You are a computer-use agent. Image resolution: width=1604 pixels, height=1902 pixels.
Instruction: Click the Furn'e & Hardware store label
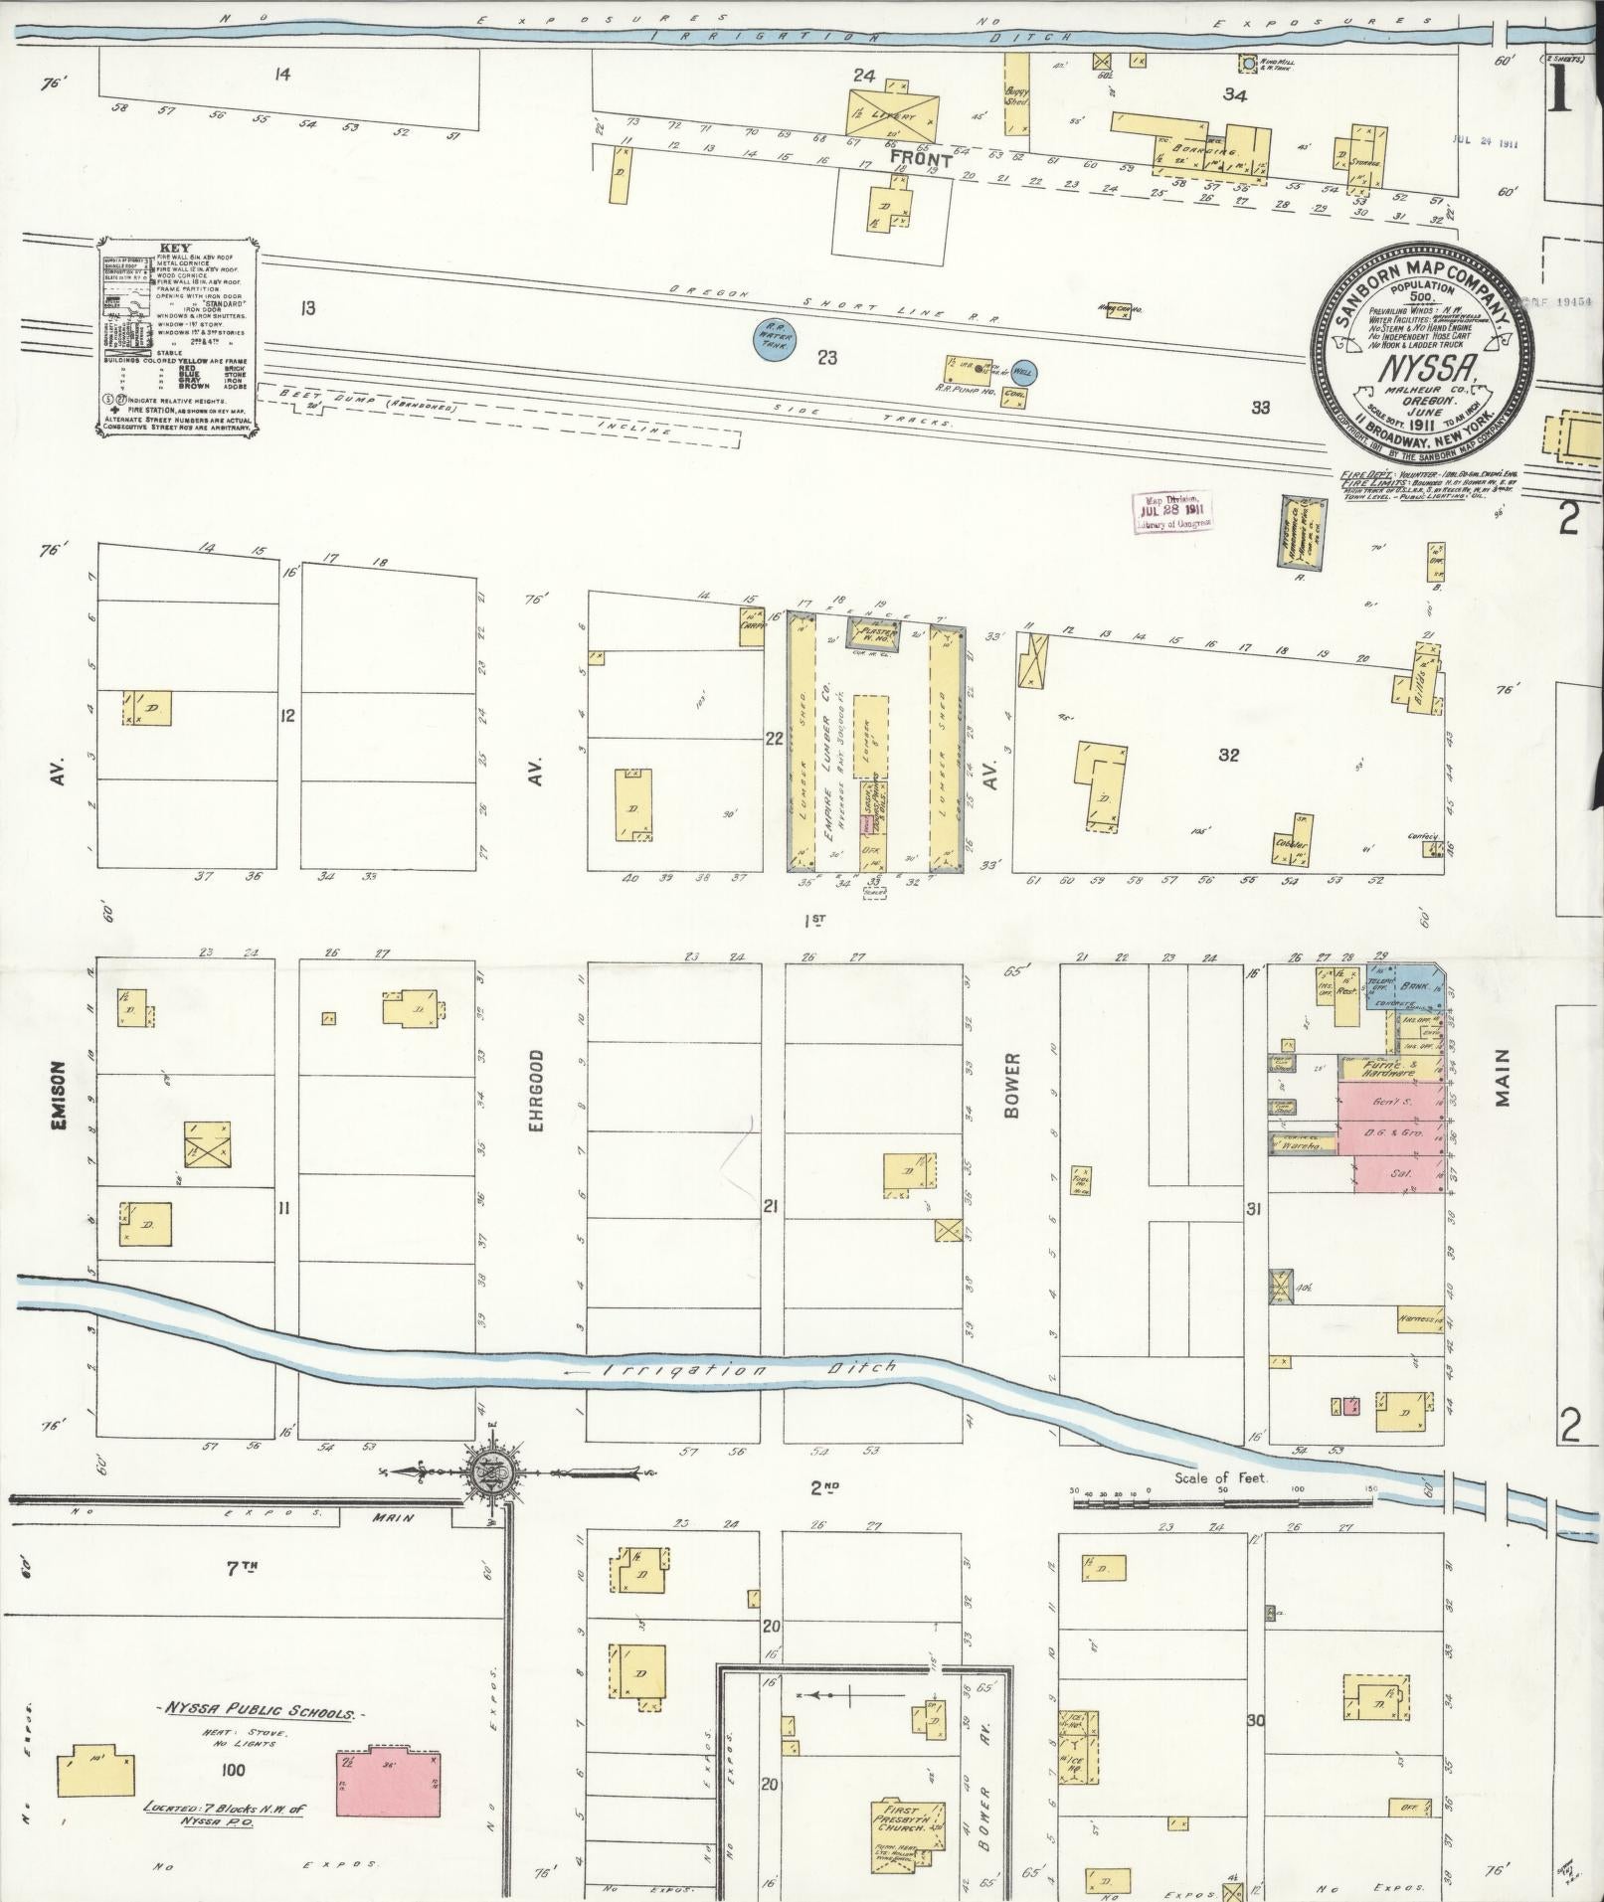click(1389, 1069)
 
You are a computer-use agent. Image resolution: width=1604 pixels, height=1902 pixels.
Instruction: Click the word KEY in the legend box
click(180, 249)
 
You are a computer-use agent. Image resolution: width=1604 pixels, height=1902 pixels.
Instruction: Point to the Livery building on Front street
click(893, 113)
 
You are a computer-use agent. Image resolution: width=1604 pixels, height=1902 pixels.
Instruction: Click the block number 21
click(770, 1207)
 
